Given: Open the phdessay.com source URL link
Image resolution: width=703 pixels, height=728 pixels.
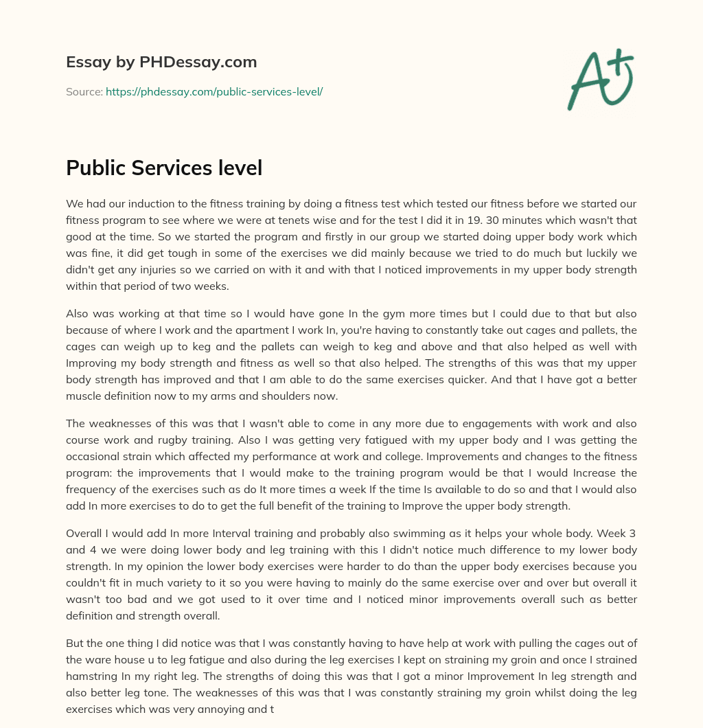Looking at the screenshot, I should pyautogui.click(x=214, y=91).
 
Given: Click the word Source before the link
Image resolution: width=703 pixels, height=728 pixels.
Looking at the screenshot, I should pyautogui.click(x=84, y=91).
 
